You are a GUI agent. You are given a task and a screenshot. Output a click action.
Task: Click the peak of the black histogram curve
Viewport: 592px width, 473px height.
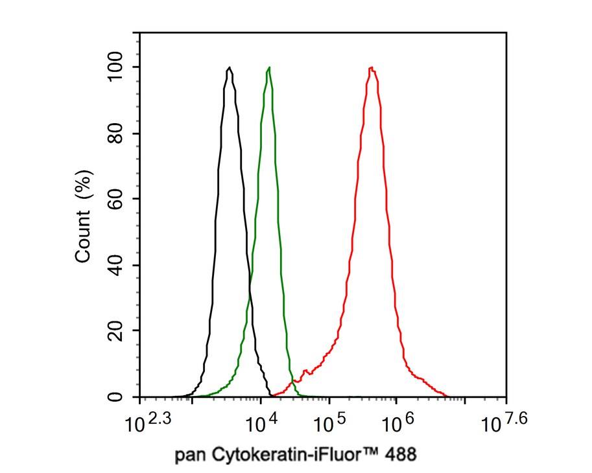230,67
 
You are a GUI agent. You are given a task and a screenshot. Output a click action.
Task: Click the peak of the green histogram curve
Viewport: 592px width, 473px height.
268,67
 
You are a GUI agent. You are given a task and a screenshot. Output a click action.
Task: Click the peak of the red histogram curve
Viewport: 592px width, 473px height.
372,67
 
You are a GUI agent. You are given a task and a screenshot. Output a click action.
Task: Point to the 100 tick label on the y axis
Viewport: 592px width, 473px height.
115,68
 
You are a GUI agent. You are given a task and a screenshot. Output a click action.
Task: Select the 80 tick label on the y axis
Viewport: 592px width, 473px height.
115,134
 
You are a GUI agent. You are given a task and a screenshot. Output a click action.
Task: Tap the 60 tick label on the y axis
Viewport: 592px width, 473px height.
115,200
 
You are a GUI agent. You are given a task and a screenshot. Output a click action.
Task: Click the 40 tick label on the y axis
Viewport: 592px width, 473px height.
115,266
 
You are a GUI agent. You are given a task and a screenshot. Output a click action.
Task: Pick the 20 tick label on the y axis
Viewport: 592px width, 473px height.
115,331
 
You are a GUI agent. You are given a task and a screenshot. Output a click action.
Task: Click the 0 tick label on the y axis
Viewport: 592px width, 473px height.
115,397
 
